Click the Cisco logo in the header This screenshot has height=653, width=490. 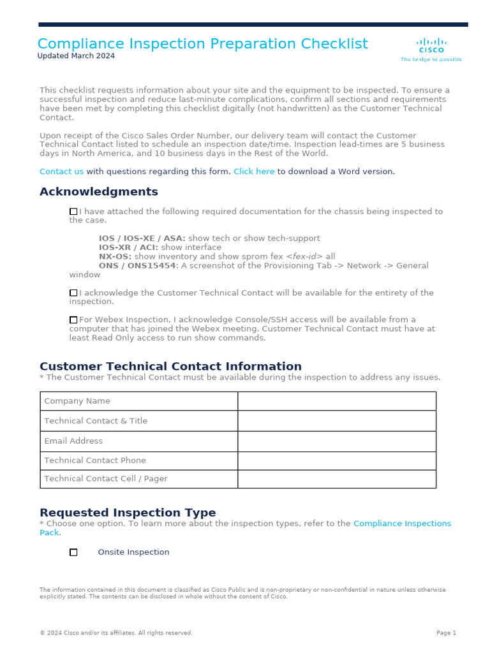click(x=431, y=46)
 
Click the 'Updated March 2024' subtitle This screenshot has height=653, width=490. click(x=76, y=56)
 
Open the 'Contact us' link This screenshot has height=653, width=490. click(x=61, y=172)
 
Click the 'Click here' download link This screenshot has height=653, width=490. click(x=254, y=172)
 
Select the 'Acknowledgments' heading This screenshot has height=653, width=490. click(x=99, y=192)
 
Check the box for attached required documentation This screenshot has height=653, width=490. click(x=73, y=212)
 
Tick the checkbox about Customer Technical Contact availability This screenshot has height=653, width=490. click(x=73, y=293)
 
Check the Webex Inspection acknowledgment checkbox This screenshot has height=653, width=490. click(x=73, y=320)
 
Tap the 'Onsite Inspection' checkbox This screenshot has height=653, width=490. click(x=73, y=552)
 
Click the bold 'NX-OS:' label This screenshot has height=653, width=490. click(x=115, y=256)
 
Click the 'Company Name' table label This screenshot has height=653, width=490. click(x=77, y=401)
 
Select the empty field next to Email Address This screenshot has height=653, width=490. click(x=336, y=441)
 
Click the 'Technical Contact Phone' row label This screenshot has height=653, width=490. click(x=95, y=460)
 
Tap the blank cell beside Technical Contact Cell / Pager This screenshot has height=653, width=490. click(x=336, y=479)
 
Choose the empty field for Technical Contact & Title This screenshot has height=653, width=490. click(x=336, y=421)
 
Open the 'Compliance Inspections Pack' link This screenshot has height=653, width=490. click(x=402, y=524)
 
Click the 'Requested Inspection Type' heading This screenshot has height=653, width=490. click(x=128, y=513)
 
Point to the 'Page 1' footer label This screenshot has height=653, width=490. click(x=446, y=633)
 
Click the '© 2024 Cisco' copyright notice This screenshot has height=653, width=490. click(x=115, y=633)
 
